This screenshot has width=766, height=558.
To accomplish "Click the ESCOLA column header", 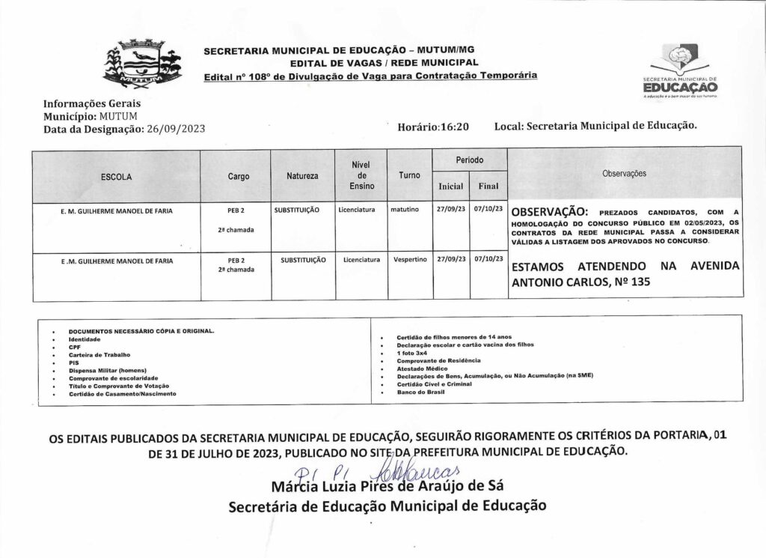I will (116, 178).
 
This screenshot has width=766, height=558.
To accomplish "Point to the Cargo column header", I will (238, 177).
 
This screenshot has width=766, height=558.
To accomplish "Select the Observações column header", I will (624, 173).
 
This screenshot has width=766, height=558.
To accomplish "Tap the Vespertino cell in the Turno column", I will (409, 260).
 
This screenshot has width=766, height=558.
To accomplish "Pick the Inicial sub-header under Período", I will (450, 186).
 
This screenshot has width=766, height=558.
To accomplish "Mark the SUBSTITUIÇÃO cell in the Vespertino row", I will (304, 260).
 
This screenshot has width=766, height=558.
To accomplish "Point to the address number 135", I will (640, 283).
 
